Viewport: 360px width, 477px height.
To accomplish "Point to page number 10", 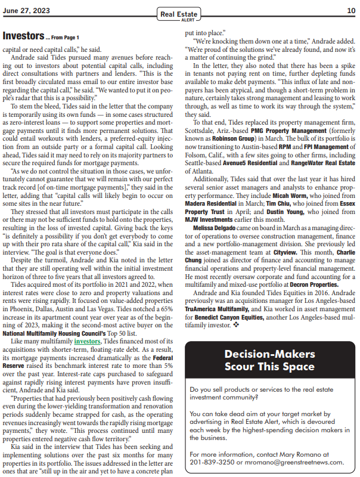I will [350, 10].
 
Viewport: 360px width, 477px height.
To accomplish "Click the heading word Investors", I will [23, 36].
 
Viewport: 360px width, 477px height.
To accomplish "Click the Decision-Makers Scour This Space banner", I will [270, 360].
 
